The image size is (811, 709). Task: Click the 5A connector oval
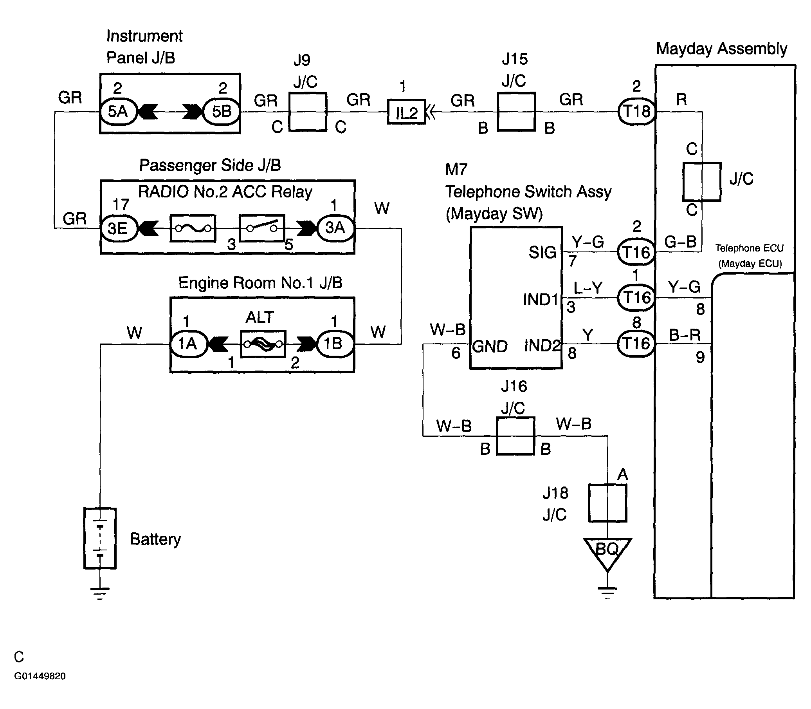point(118,112)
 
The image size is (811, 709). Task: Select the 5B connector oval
point(222,112)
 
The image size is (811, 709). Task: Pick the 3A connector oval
point(335,228)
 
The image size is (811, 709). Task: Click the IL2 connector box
point(407,112)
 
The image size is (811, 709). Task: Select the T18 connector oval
point(636,112)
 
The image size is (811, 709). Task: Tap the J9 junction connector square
point(308,112)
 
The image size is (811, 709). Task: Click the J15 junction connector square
point(516,112)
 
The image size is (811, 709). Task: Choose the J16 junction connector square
point(515,436)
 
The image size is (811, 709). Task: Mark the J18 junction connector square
point(608,503)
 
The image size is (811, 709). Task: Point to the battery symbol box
point(100,539)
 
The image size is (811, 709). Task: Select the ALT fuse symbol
point(263,344)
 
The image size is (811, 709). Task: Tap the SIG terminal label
point(542,252)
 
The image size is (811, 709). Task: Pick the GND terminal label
point(490,347)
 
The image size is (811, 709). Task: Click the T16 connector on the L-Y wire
point(636,298)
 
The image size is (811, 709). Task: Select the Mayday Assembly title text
point(722,49)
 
